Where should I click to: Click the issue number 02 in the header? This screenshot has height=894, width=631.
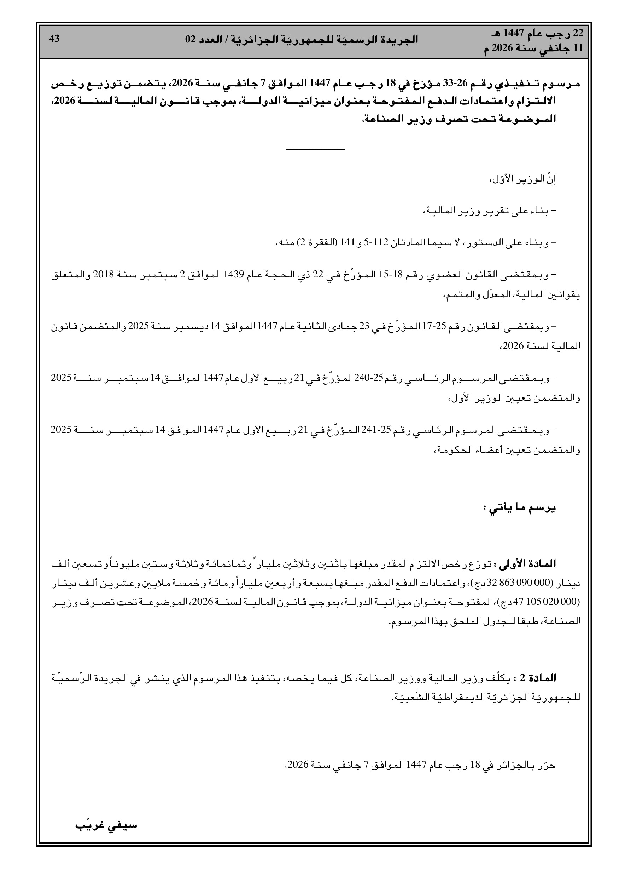coord(191,39)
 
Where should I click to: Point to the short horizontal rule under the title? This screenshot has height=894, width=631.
coord(315,149)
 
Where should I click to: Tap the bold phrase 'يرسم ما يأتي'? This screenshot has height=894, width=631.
coord(519,508)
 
